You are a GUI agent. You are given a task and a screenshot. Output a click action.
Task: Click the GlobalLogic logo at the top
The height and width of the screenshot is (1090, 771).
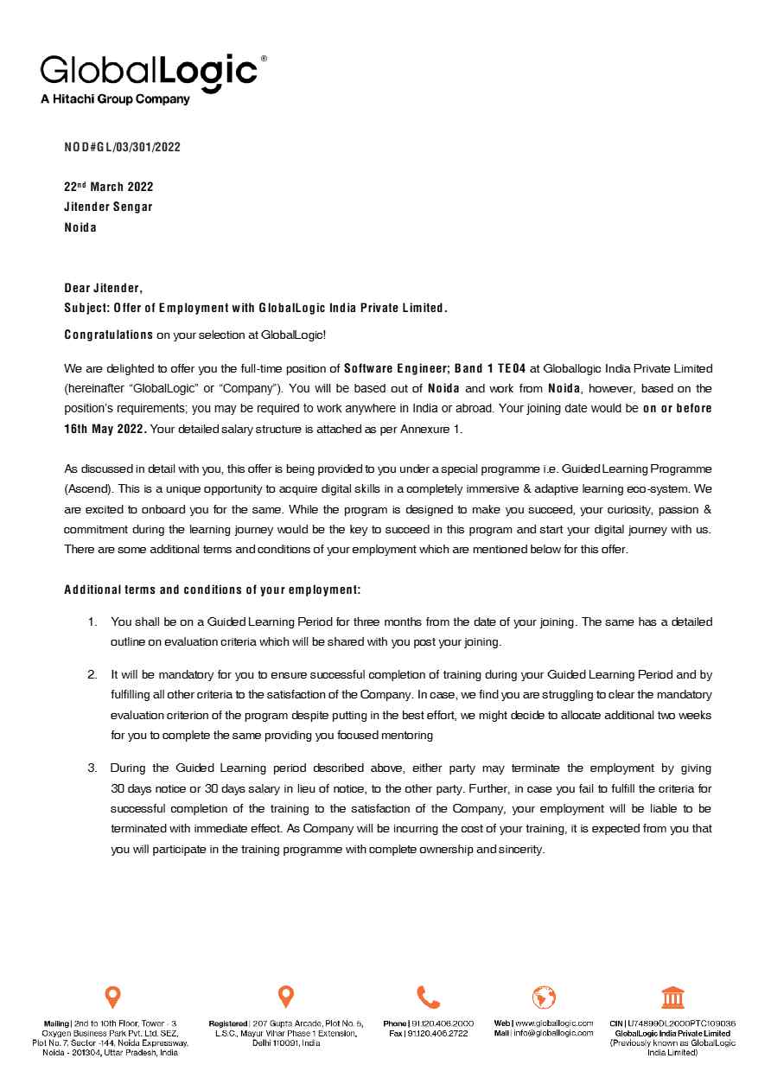150,70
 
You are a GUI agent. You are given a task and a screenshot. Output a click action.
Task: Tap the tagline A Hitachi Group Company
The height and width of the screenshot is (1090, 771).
115,99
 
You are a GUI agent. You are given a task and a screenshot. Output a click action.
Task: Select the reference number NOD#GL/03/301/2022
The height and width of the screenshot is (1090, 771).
122,147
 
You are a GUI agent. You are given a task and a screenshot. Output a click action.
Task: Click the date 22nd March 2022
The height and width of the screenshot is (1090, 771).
109,187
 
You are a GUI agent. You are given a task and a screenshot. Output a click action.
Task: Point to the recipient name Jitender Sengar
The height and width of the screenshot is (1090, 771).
108,207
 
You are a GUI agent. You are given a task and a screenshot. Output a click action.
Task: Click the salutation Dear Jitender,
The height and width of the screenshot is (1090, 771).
104,288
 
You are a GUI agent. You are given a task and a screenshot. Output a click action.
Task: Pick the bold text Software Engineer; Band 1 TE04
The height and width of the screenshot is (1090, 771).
435,368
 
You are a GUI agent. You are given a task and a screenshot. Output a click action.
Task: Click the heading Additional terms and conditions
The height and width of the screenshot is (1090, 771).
212,590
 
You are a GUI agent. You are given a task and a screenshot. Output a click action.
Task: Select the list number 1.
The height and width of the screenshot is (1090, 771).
92,622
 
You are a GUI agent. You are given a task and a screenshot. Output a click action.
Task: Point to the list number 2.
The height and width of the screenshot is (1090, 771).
92,674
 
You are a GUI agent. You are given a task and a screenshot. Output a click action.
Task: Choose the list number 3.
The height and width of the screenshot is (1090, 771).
92,768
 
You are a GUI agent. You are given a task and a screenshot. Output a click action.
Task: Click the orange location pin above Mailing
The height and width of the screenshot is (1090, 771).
112,997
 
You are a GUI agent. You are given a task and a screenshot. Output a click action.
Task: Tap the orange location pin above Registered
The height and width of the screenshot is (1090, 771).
286,997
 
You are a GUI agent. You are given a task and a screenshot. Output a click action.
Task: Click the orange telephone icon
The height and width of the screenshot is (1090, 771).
428,997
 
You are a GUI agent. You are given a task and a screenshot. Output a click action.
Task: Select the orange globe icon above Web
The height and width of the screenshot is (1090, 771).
544,997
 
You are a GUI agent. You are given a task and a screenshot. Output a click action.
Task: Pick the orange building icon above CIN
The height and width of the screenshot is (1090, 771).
672,997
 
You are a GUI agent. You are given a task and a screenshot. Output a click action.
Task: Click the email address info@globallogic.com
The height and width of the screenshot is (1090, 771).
553,1033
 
